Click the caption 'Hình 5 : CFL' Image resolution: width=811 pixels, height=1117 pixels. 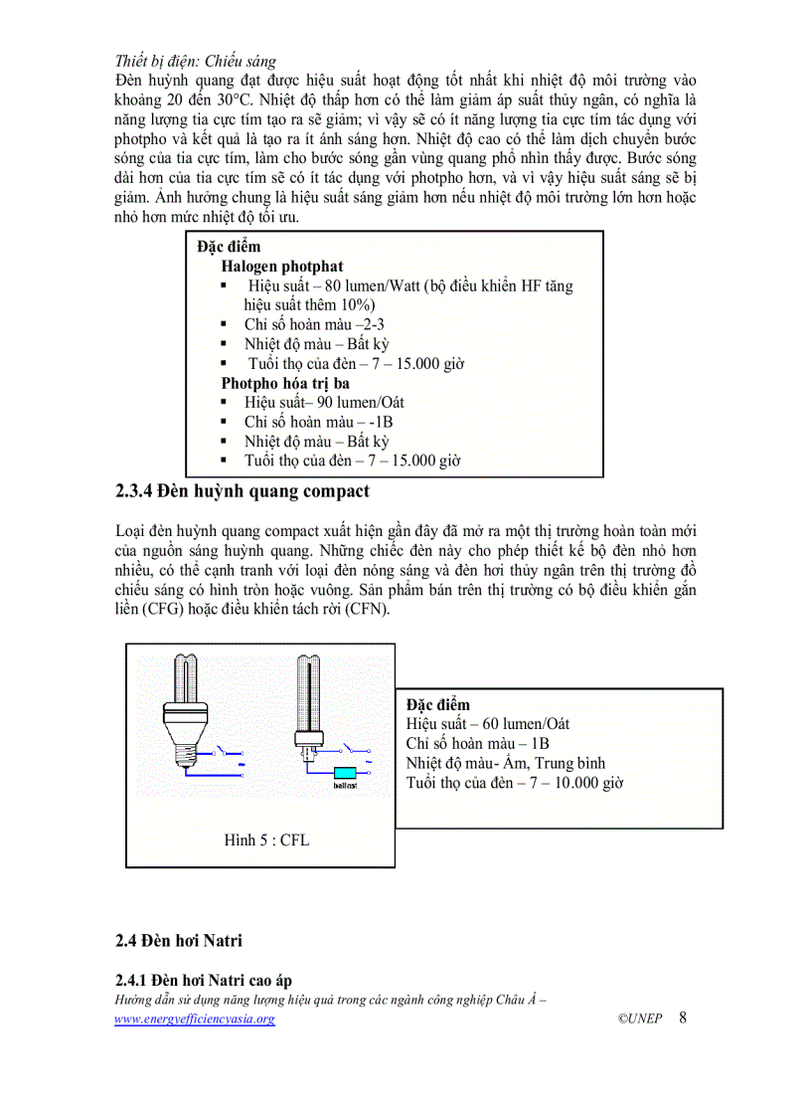pos(266,839)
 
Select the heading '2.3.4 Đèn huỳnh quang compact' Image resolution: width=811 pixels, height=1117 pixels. pos(243,490)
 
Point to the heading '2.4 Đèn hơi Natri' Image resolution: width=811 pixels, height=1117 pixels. pos(179,940)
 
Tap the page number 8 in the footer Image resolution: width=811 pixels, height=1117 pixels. pos(683,1018)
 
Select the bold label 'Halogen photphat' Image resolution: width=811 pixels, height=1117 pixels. pos(282,266)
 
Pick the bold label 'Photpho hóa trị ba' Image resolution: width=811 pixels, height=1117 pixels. pos(285,382)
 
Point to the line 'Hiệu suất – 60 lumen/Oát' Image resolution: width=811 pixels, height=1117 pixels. pos(488,723)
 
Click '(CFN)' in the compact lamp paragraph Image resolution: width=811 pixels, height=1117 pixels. pos(367,609)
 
